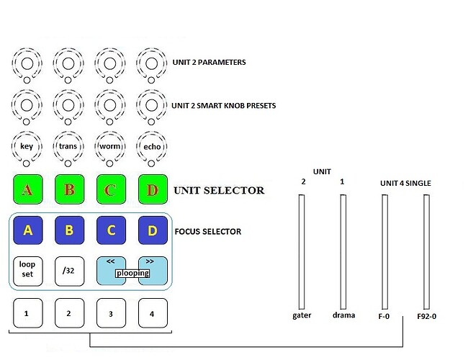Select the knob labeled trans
(x=68, y=146)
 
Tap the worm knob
(x=109, y=146)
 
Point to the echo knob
(x=151, y=146)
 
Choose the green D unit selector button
(x=151, y=190)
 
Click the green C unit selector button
(x=110, y=190)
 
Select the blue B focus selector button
(x=69, y=231)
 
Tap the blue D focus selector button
(x=151, y=231)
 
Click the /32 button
(x=69, y=271)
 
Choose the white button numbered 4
(x=151, y=313)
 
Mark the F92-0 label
(x=427, y=315)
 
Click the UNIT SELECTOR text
(x=219, y=191)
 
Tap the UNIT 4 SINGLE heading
(x=405, y=184)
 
